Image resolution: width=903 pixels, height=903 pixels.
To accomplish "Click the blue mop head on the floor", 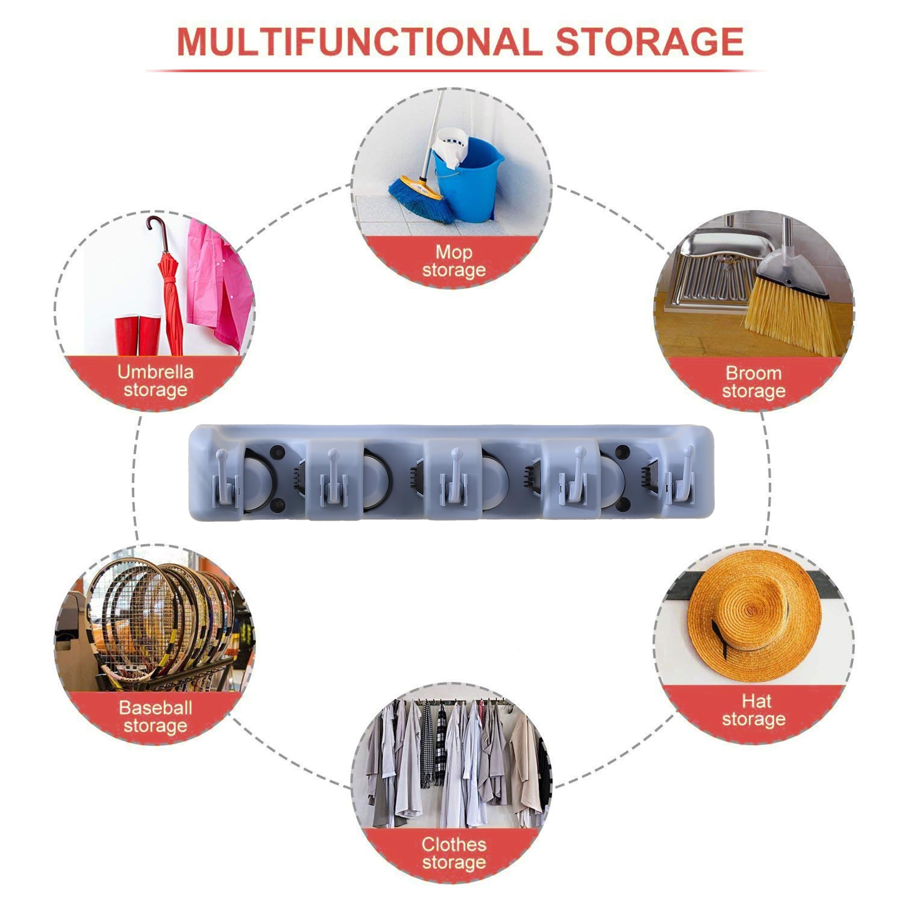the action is click(420, 199).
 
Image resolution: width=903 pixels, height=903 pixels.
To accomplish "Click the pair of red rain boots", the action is click(138, 335).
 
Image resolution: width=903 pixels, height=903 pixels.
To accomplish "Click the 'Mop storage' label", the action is click(454, 261).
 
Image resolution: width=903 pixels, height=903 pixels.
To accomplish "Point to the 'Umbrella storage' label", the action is click(155, 381).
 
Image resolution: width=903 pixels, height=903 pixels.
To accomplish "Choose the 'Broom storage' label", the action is click(754, 382).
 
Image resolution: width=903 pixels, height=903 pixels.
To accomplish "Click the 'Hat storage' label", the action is click(754, 710).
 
